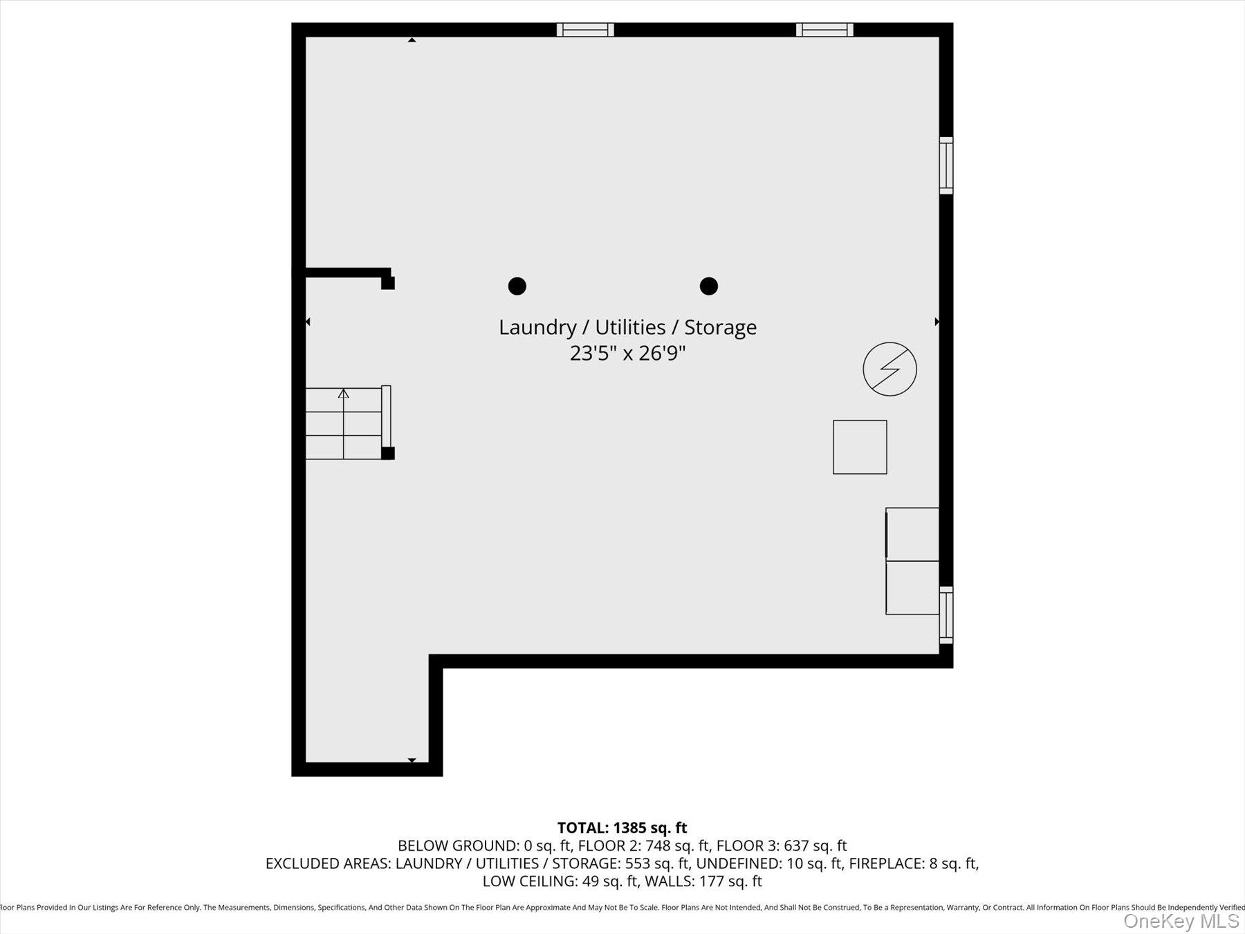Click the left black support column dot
coord(517,286)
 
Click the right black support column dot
coord(708,286)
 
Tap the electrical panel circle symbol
coord(889,369)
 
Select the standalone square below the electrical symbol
coord(860,447)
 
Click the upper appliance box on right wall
coord(912,534)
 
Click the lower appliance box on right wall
coord(912,587)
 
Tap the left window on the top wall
coord(585,30)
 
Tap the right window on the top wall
coord(824,30)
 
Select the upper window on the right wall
coord(946,165)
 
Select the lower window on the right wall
coord(946,615)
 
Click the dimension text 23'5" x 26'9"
coord(627,354)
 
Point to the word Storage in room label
coord(720,327)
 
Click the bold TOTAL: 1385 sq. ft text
coord(622,827)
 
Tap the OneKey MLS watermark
coord(1181,921)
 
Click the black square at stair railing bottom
coord(388,453)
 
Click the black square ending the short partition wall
coord(388,283)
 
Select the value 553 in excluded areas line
coord(638,863)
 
